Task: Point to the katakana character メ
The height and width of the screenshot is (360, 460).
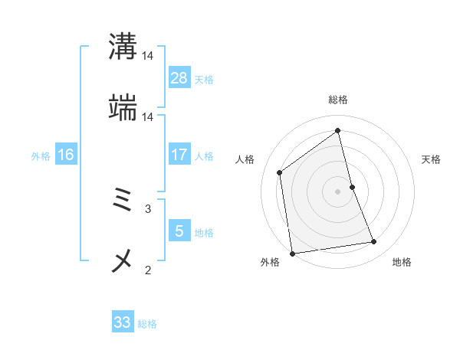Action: coord(123,261)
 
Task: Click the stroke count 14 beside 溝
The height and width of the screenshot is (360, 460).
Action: coord(148,56)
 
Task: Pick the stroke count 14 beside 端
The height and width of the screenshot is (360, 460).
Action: coord(148,116)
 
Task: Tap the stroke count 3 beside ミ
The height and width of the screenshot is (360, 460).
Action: coord(148,208)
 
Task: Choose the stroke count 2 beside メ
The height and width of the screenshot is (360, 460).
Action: coord(148,269)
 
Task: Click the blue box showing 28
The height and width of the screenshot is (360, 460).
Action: coord(179,78)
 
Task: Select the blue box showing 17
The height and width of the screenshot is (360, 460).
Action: coord(179,155)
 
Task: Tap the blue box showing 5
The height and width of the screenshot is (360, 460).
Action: coord(179,231)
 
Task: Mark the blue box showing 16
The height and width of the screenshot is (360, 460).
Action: coord(66,155)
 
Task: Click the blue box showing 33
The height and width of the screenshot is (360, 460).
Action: coord(123,322)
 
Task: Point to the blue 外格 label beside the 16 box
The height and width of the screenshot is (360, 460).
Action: coord(41,155)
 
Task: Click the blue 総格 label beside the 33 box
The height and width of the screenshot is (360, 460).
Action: coord(147,324)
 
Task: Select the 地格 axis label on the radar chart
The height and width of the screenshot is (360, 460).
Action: coord(402,262)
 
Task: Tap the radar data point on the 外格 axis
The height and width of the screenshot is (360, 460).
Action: coord(292,253)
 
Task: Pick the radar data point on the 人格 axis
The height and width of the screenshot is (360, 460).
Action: coord(280,172)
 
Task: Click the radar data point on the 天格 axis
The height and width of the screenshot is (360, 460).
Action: coord(352,187)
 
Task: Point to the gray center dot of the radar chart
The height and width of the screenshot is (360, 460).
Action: coord(337,191)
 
